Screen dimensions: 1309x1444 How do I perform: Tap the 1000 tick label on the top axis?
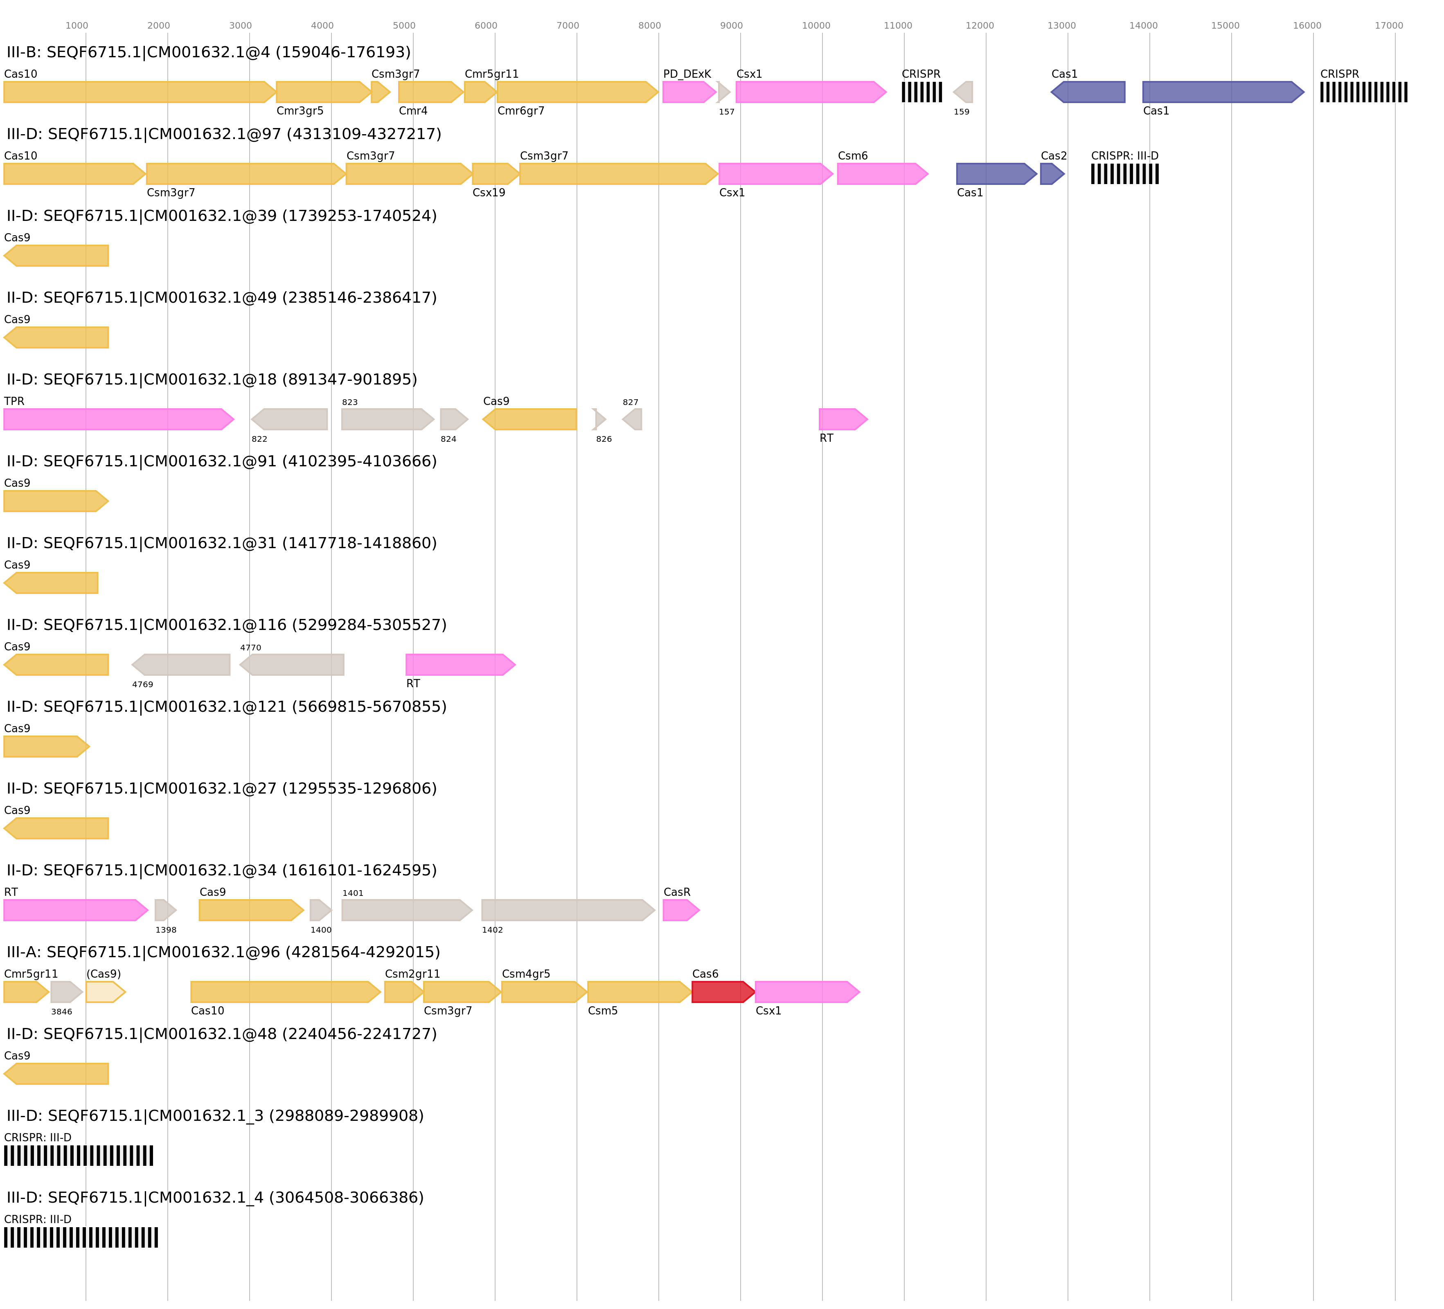tap(77, 26)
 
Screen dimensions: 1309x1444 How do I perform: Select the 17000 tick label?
tap(1388, 26)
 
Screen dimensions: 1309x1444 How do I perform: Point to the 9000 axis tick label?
tap(731, 26)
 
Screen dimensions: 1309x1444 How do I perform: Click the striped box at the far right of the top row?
tap(1363, 92)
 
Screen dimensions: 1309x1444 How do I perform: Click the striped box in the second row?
tap(1124, 173)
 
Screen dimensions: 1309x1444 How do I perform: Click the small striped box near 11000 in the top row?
tap(922, 92)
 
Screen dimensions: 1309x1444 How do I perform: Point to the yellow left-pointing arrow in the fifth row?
tap(529, 419)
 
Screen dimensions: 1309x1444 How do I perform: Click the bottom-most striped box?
tap(81, 1237)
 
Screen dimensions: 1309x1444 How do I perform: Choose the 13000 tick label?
tap(1061, 26)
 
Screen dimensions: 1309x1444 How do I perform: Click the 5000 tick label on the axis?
tap(404, 26)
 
